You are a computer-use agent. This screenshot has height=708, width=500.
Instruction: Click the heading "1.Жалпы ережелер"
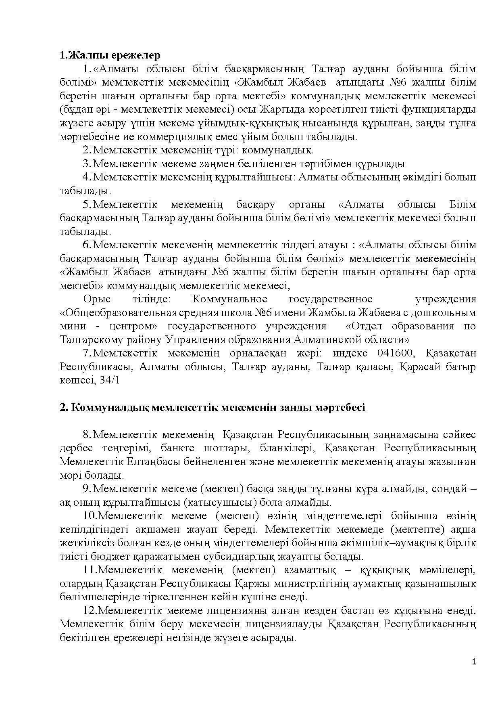[110, 55]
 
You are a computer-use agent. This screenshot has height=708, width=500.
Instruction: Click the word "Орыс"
[96, 299]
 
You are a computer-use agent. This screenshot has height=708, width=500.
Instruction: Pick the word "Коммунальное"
[230, 299]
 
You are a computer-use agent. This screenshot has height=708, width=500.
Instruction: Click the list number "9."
[87, 488]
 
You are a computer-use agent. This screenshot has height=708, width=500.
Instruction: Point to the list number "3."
[87, 164]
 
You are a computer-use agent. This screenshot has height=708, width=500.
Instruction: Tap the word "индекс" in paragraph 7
[350, 353]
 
